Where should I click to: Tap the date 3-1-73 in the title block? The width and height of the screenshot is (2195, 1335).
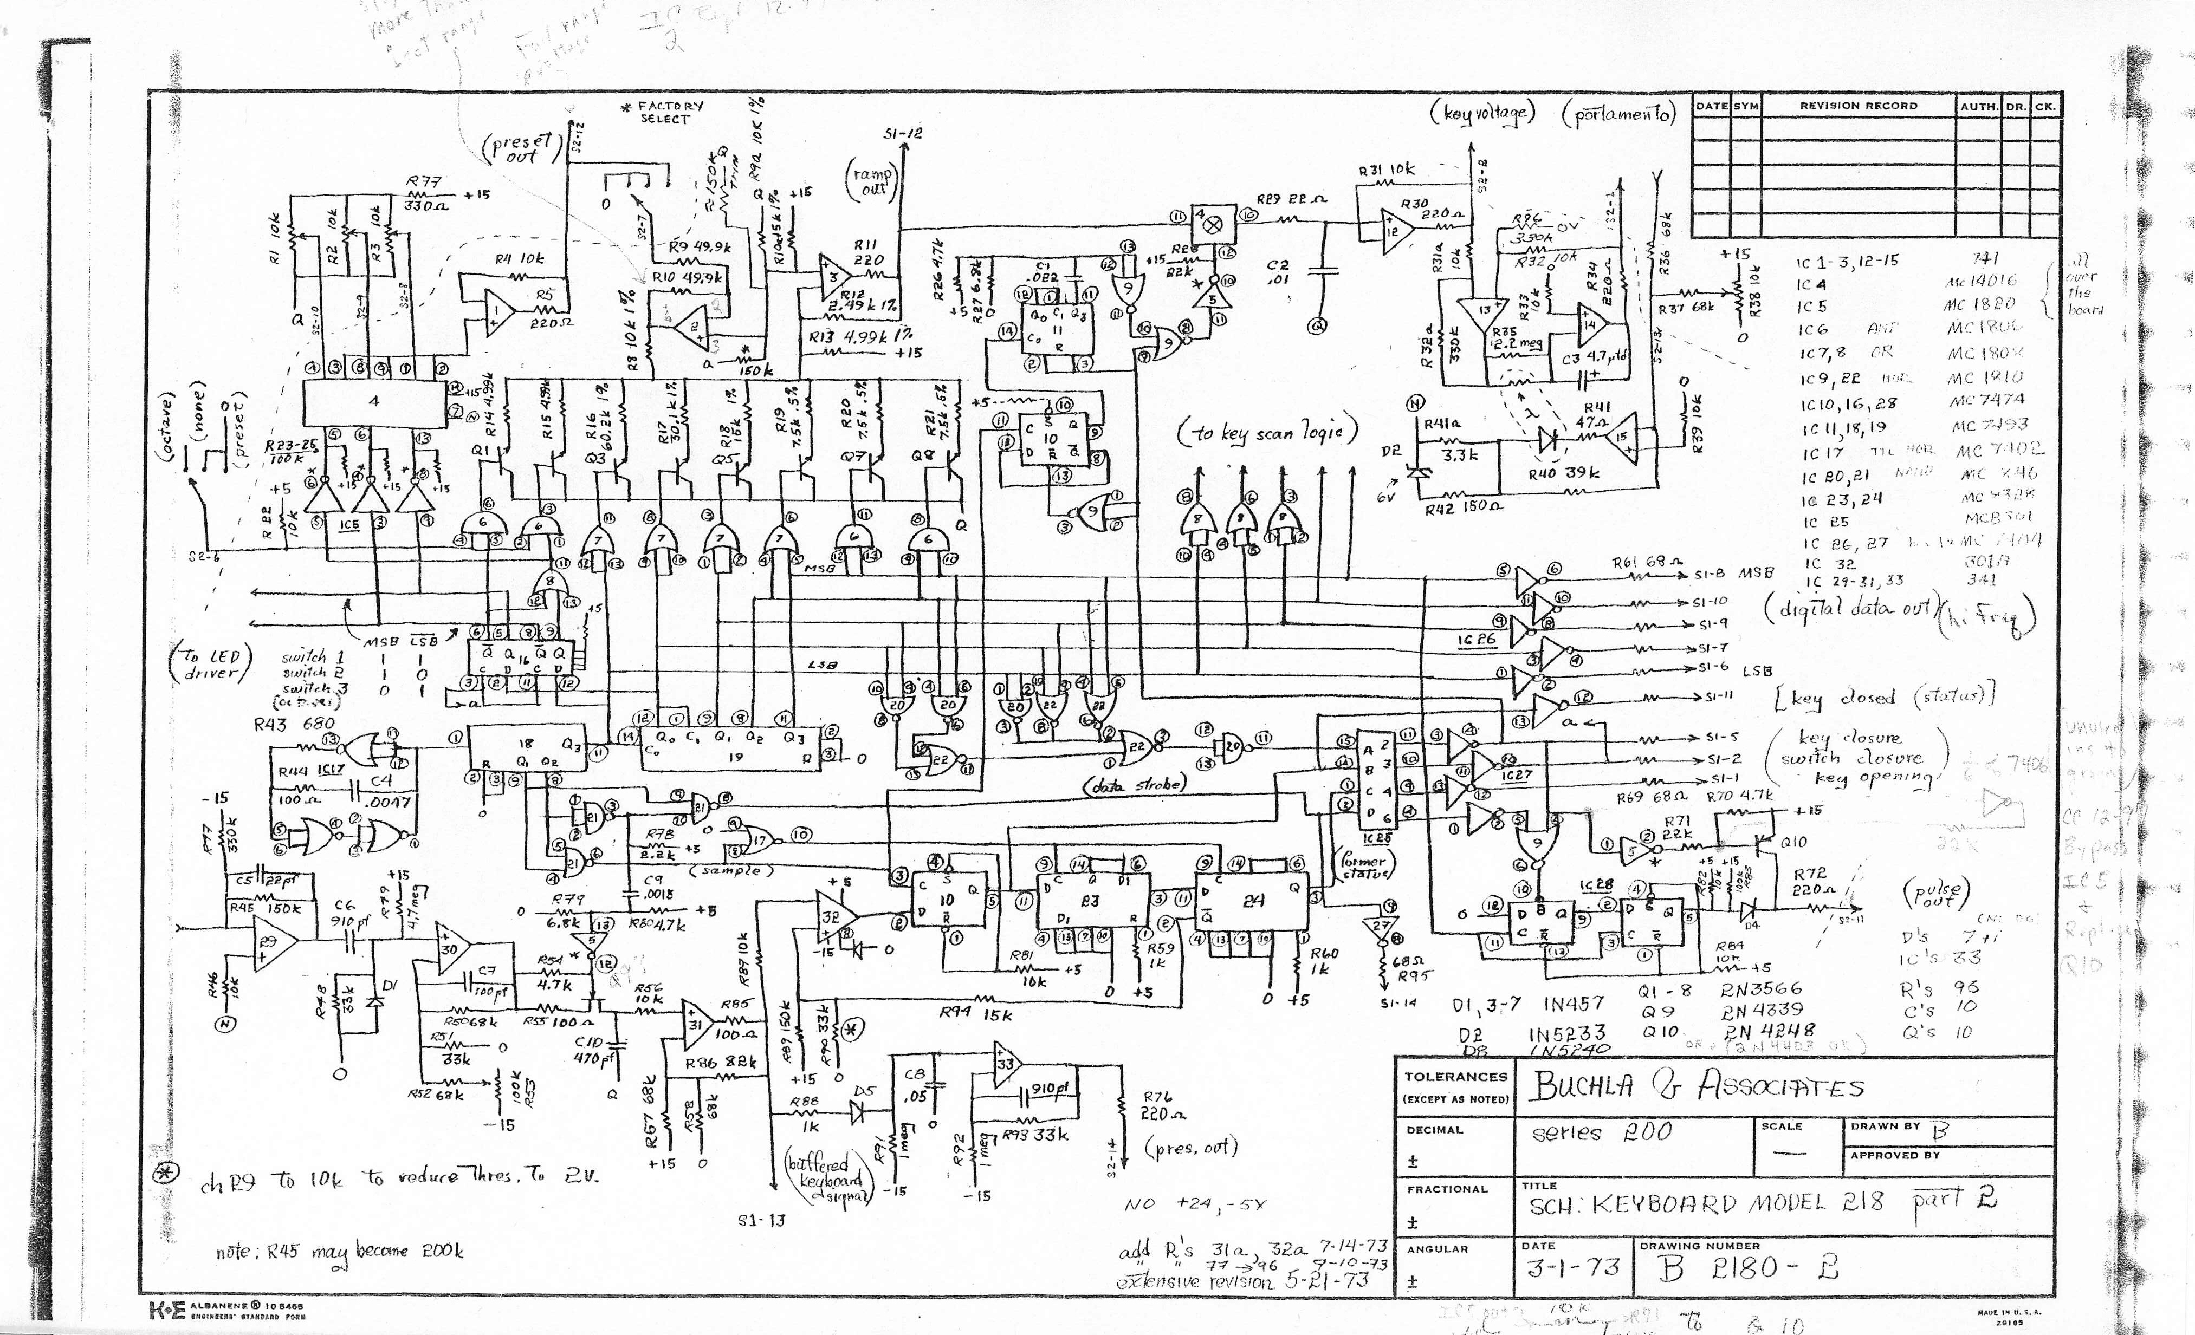(x=1572, y=1267)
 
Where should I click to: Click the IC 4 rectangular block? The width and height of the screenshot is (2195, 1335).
(x=374, y=402)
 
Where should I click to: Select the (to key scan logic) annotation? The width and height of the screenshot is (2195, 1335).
(x=1267, y=433)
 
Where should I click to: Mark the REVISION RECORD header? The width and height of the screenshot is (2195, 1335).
(x=1857, y=105)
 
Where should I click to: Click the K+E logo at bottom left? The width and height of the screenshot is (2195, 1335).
(x=167, y=1309)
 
